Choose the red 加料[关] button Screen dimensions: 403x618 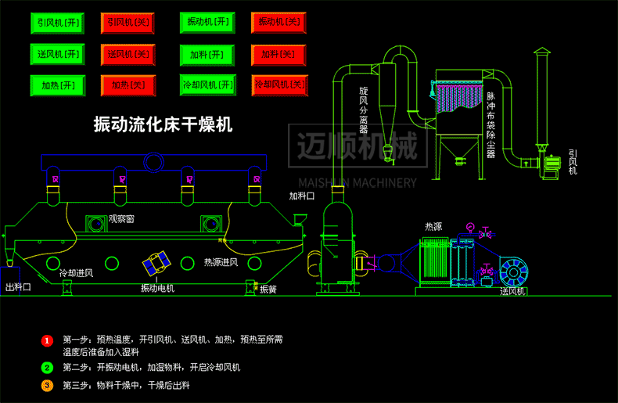[278, 54]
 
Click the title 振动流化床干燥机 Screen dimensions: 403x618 [163, 124]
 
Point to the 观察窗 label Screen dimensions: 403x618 [121, 220]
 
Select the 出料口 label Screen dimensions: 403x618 [18, 288]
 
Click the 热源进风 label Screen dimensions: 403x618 [221, 262]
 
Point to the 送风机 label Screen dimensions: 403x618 [513, 292]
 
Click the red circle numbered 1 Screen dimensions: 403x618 [47, 340]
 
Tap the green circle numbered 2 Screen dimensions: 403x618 [47, 367]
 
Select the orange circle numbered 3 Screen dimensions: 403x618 [47, 385]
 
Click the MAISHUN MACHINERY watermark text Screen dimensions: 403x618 [354, 183]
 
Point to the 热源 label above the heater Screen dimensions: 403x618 [433, 227]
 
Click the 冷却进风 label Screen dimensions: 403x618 [76, 273]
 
